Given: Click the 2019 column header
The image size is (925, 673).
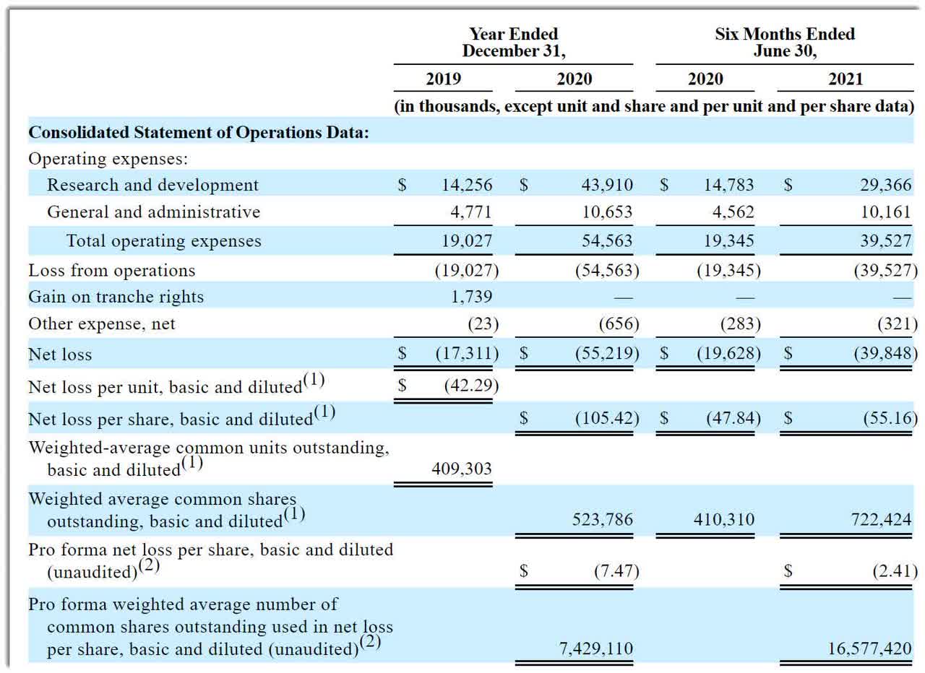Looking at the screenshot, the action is coord(443,79).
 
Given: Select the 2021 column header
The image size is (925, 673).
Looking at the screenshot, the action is coord(846,79).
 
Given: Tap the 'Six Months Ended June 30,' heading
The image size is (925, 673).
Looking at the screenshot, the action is coord(785,42).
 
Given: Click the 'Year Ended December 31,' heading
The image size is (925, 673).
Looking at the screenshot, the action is coord(514,42).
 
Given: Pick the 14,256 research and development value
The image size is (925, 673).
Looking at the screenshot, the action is coord(467,185).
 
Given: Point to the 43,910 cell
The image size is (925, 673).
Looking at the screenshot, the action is coord(607,185).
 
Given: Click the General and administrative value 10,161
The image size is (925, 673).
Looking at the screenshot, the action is coord(886,212).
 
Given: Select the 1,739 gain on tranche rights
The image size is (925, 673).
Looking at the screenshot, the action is coord(471,297).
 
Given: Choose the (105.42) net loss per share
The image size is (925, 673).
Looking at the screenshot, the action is coord(607,418).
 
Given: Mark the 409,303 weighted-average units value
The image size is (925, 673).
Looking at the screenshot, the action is coord(462,469).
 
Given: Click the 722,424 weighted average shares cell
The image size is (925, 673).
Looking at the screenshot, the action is coord(881,519).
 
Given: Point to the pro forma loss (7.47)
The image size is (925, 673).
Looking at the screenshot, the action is coord(616,571).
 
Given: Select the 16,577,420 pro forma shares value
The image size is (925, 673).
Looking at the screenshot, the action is coord(869,648).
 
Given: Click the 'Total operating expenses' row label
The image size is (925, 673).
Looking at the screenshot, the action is coord(163,241).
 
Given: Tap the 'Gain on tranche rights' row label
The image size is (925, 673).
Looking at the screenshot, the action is coord(116,297).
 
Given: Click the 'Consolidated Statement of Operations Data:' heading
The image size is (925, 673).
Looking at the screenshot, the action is coord(199,132).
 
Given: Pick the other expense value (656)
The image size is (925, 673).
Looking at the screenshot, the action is coord(619,324).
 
